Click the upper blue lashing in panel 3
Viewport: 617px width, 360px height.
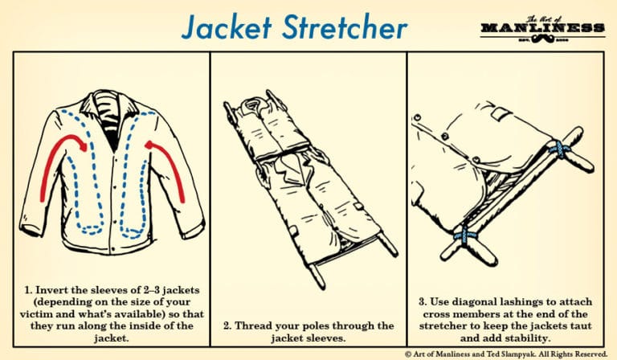click(555, 149)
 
